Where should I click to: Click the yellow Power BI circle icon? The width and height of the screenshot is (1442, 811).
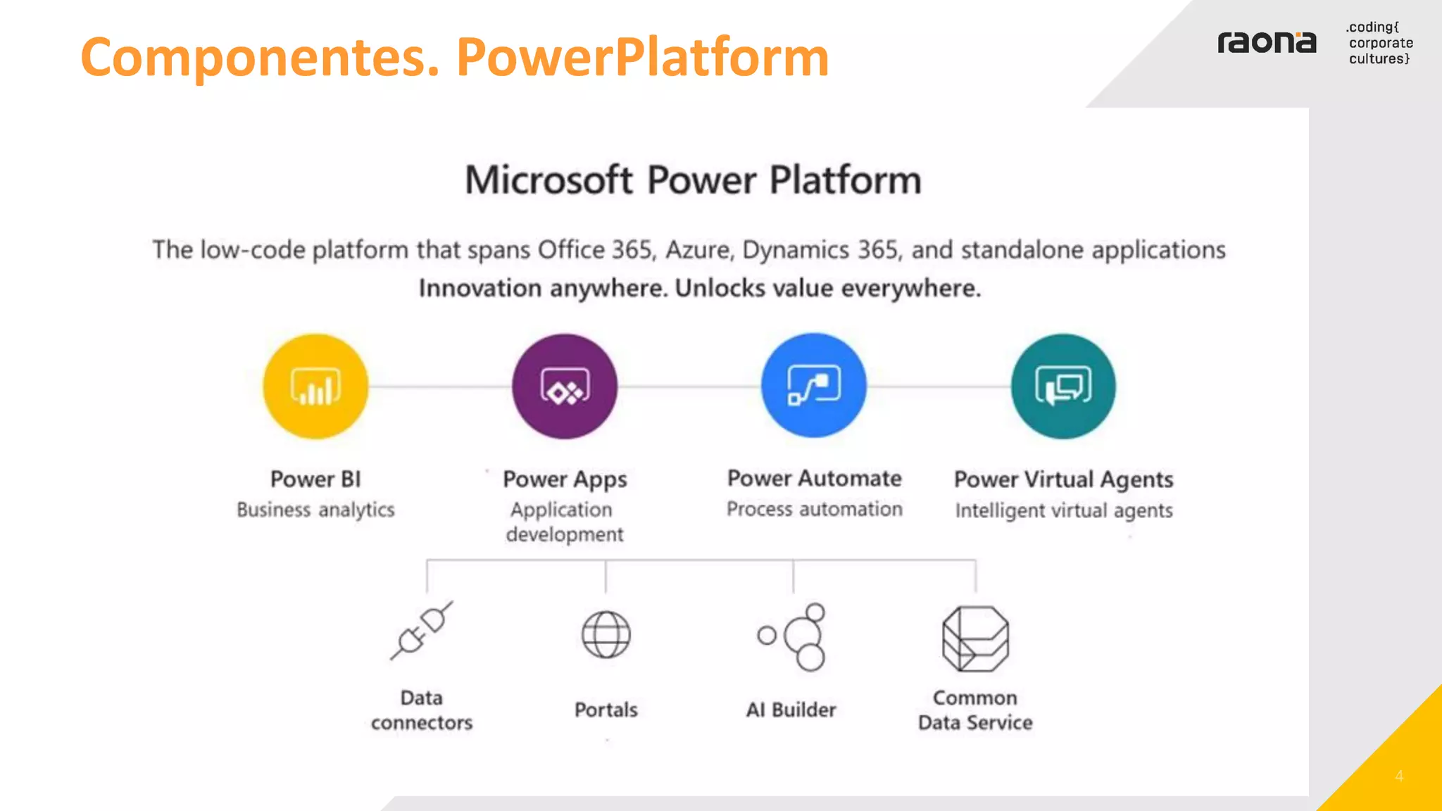click(x=315, y=386)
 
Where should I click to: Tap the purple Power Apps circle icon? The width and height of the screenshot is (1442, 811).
click(x=565, y=386)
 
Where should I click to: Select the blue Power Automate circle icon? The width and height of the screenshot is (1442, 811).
click(x=814, y=386)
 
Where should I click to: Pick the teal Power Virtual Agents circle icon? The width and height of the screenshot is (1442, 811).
click(x=1063, y=386)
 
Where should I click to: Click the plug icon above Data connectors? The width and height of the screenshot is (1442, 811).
click(x=422, y=631)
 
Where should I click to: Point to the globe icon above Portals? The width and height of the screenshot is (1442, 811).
click(x=606, y=634)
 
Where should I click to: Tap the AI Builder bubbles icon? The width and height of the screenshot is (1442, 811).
click(x=793, y=636)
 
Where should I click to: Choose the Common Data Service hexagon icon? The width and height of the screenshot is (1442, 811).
click(x=975, y=639)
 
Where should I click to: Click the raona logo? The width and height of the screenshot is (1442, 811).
click(x=1267, y=43)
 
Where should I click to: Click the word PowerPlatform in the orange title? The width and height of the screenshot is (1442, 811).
click(x=642, y=57)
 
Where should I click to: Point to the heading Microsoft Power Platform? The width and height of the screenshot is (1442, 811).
click(x=693, y=180)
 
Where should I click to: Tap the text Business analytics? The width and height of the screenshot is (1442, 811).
click(x=315, y=510)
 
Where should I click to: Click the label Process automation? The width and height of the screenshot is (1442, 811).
click(x=814, y=509)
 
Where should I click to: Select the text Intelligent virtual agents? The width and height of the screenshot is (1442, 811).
click(x=1063, y=510)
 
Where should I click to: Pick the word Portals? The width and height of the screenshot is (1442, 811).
click(x=606, y=710)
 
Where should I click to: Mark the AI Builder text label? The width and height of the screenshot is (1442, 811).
click(x=791, y=710)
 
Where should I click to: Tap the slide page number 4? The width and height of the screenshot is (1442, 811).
click(x=1399, y=776)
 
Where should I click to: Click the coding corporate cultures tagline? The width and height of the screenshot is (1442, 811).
click(x=1379, y=43)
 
